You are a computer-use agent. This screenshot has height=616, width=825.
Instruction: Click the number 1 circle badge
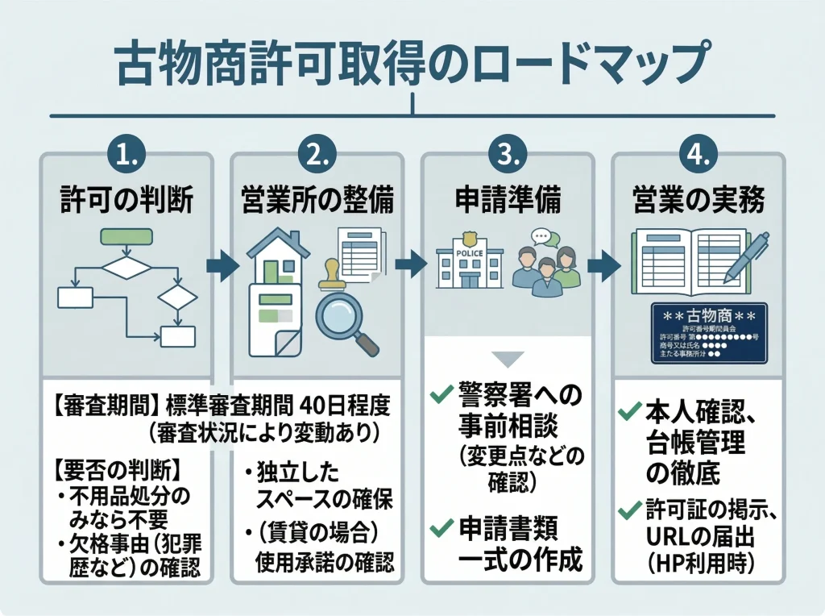[x=126, y=153]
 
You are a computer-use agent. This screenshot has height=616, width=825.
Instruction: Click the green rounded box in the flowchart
[x=126, y=237]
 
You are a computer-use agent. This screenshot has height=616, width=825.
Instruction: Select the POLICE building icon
[x=469, y=262]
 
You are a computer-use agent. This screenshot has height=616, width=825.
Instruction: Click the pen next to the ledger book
[x=745, y=257]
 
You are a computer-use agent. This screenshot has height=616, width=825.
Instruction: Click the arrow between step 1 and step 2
[x=222, y=265]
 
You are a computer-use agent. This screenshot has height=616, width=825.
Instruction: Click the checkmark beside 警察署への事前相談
[x=441, y=394]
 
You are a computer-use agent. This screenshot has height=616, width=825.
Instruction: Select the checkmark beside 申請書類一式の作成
[x=441, y=528]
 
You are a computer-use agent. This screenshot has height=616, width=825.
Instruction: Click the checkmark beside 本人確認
[x=628, y=411]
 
